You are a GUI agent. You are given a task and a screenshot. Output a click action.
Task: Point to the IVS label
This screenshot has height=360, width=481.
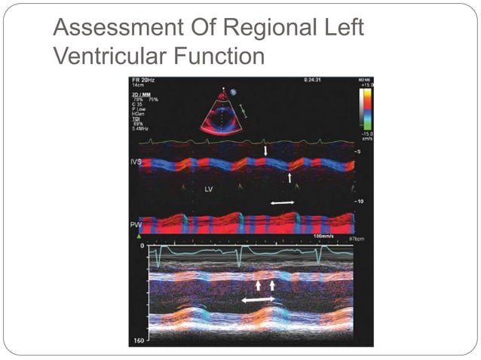(136, 162)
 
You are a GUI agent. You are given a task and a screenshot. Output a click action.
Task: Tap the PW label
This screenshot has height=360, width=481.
(136, 224)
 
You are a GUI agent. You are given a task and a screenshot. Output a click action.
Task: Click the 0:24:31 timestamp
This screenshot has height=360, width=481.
(314, 79)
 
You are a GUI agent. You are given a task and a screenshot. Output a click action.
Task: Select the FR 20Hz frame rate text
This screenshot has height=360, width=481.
(143, 80)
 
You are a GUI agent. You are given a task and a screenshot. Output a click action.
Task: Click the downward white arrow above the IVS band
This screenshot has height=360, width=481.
(265, 152)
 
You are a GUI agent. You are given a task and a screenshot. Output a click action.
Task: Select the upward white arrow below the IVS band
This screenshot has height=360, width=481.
(290, 177)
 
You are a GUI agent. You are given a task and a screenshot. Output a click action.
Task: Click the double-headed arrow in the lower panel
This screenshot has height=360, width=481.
(257, 300)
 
